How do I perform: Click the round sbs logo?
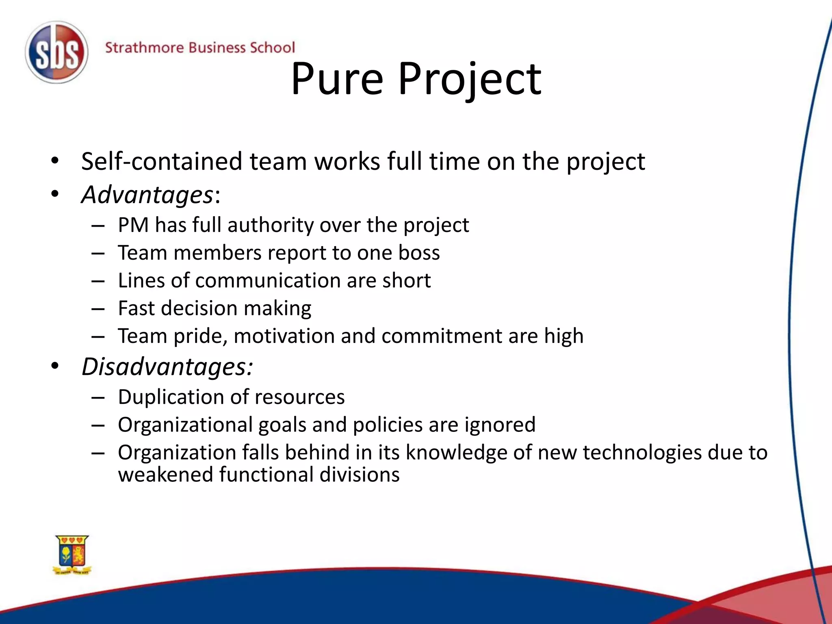tap(56, 53)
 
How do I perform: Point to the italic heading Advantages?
tap(147, 195)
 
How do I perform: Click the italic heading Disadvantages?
tap(167, 367)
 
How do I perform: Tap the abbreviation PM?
tap(133, 225)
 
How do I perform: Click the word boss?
tap(419, 253)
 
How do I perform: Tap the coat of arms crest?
tap(72, 554)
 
